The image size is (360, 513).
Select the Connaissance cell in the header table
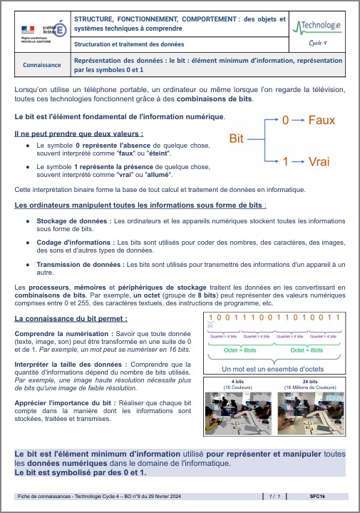(x=42, y=66)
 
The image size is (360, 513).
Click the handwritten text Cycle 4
(x=317, y=43)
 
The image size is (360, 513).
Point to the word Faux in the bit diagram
(x=322, y=121)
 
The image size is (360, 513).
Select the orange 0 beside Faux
(x=285, y=121)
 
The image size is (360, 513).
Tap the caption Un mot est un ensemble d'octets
(x=273, y=369)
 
